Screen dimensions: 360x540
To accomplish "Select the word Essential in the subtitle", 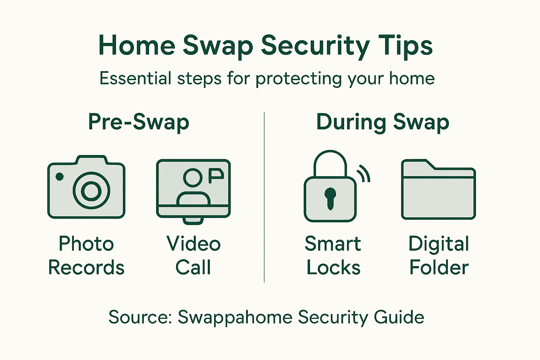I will pyautogui.click(x=135, y=78).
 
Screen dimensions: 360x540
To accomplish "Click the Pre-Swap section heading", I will pyautogui.click(x=139, y=122).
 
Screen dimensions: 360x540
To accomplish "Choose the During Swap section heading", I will pyautogui.click(x=382, y=122).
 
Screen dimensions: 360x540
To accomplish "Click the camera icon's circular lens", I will pyautogui.click(x=91, y=191).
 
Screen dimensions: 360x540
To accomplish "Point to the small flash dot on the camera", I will pyautogui.click(x=60, y=176).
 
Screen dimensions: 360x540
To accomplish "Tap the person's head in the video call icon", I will pyautogui.click(x=193, y=178).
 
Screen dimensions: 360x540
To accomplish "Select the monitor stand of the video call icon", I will pyautogui.click(x=193, y=221).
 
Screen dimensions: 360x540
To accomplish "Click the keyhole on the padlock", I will pyautogui.click(x=330, y=198).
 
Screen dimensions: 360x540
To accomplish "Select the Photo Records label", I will pyautogui.click(x=86, y=256).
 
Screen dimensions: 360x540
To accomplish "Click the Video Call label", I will pyautogui.click(x=193, y=256).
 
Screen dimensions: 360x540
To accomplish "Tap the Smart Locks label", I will pyautogui.click(x=333, y=256).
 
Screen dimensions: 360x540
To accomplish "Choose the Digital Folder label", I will pyautogui.click(x=439, y=256).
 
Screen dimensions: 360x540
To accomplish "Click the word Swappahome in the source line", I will pyautogui.click(x=235, y=317).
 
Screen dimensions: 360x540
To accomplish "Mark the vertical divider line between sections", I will pyautogui.click(x=264, y=197).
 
